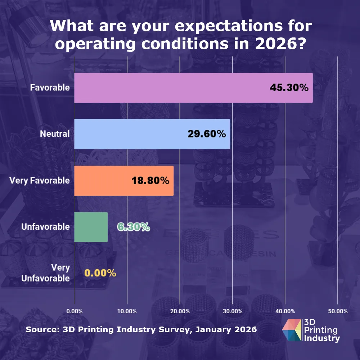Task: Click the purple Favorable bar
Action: [x=193, y=88]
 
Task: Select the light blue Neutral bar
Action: [x=152, y=134]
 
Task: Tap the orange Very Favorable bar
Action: [x=124, y=181]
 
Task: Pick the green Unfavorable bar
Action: [x=91, y=227]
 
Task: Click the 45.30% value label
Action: [x=289, y=87]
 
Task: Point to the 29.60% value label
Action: [x=207, y=134]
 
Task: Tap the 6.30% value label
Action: [x=134, y=227]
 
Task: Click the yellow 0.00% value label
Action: [x=100, y=273]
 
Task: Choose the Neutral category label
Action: [x=55, y=134]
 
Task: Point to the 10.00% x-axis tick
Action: [x=127, y=311]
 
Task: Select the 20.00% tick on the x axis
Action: [x=180, y=311]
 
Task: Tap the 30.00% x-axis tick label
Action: [x=232, y=311]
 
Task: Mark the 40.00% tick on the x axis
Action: [x=285, y=311]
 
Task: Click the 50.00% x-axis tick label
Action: [x=337, y=311]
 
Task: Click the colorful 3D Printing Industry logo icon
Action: [x=292, y=330]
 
